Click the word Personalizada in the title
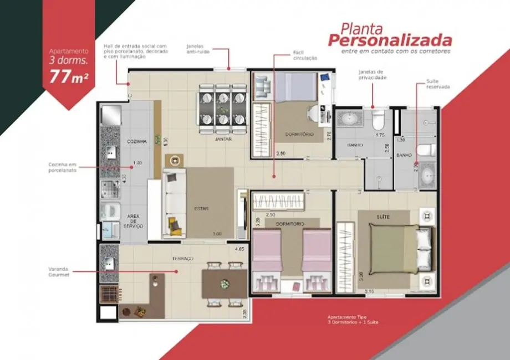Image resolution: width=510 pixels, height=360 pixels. (389, 40)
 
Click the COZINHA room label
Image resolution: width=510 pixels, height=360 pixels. (136, 142)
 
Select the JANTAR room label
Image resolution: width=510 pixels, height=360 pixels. (223, 140)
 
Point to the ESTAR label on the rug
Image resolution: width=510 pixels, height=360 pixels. (201, 209)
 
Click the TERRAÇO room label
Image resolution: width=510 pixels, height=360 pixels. (182, 259)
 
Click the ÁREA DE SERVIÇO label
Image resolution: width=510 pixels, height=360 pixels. (136, 221)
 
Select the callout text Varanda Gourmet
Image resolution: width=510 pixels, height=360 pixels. (58, 272)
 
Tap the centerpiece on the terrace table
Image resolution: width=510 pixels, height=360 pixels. (225, 284)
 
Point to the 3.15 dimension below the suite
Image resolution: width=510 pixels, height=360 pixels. (369, 291)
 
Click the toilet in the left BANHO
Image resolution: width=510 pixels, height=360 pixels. (378, 119)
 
